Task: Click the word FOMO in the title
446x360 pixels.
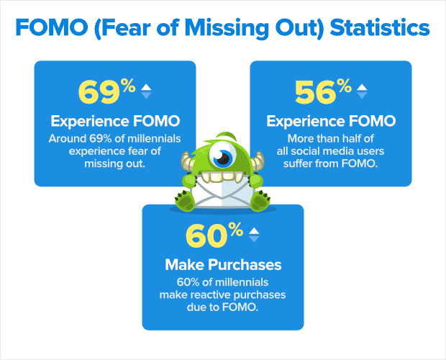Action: click(x=52, y=27)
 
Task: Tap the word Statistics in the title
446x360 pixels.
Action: click(x=380, y=27)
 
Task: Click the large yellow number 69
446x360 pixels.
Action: click(x=99, y=92)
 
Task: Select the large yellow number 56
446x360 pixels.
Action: click(x=316, y=92)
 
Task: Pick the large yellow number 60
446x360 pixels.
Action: click(x=206, y=235)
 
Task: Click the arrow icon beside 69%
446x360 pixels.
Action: click(x=146, y=91)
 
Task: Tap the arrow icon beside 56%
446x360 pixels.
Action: click(x=362, y=91)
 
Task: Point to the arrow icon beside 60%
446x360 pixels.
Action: click(x=254, y=235)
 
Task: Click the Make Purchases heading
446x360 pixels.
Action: click(x=223, y=265)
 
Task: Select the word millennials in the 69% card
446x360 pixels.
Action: click(x=154, y=138)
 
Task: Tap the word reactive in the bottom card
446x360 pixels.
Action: click(x=211, y=294)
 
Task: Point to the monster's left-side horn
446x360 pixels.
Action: click(x=187, y=161)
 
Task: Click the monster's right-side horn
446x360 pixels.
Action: click(x=258, y=161)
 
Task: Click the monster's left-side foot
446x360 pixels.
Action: click(x=185, y=201)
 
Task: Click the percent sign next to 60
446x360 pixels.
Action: click(x=237, y=230)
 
